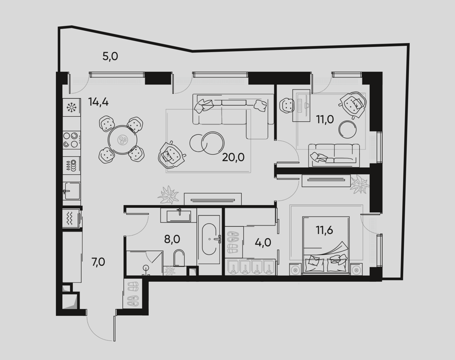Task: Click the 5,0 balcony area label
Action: [110, 57]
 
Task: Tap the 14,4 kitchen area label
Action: [99, 102]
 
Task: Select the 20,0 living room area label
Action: [233, 157]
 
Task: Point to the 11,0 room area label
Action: [325, 119]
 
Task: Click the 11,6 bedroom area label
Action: [324, 230]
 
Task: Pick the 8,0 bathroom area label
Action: [172, 239]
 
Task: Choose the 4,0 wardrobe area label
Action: [263, 242]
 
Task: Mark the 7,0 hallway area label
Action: [98, 262]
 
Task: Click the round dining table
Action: [122, 140]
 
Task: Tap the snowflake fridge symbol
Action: [71, 107]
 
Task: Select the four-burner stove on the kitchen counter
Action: [71, 140]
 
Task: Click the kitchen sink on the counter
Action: [71, 191]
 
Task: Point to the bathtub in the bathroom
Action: [208, 239]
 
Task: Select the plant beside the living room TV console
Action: [168, 195]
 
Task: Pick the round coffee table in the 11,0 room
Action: [348, 129]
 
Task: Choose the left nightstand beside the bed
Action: [296, 269]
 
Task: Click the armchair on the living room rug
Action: [172, 154]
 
